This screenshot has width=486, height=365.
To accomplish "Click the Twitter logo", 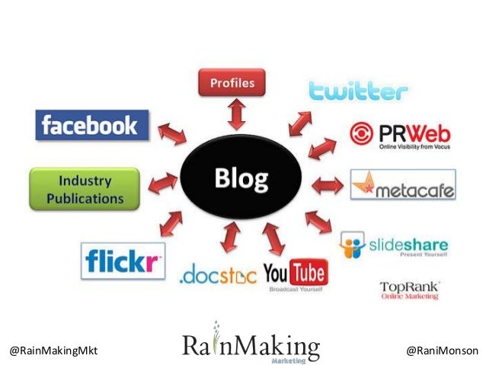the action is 357,91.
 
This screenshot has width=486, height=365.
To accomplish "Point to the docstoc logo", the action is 218,275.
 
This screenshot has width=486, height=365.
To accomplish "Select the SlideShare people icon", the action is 352,245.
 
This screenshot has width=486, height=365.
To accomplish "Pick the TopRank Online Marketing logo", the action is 410,290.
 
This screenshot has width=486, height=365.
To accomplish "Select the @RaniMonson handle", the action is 442,350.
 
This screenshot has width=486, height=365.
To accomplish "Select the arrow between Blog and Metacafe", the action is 328,184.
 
